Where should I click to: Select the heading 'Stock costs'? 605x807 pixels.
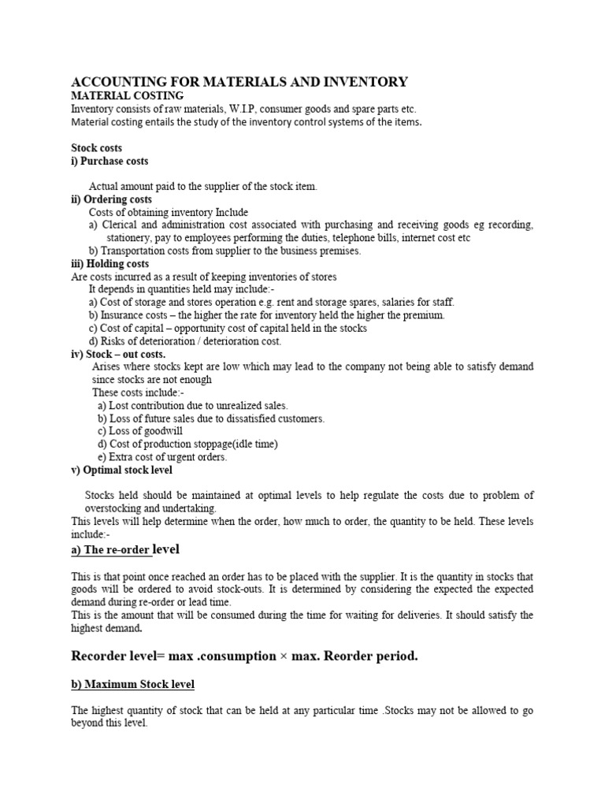pyautogui.click(x=97, y=147)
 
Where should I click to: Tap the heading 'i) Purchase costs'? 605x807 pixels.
pyautogui.click(x=109, y=161)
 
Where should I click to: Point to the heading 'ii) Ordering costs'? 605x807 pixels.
pyautogui.click(x=112, y=199)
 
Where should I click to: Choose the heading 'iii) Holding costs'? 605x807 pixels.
pyautogui.click(x=110, y=263)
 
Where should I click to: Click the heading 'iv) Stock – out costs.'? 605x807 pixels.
pyautogui.click(x=118, y=354)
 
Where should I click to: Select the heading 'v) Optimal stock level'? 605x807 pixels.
pyautogui.click(x=121, y=470)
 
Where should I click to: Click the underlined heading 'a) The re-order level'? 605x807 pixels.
pyautogui.click(x=130, y=549)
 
